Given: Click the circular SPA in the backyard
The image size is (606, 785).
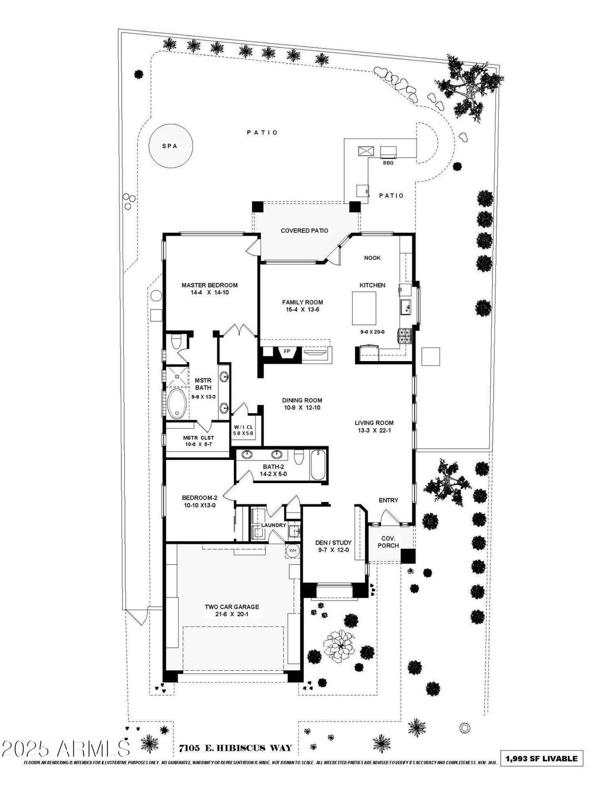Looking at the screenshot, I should (x=170, y=146).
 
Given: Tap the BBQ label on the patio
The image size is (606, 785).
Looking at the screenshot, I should (x=388, y=162).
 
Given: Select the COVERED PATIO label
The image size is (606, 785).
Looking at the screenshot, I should (x=304, y=230).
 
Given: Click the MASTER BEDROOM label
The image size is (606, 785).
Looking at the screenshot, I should (x=209, y=285).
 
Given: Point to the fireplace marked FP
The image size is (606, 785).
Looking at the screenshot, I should (x=288, y=351).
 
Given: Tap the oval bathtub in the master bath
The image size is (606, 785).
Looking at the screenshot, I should (x=176, y=403).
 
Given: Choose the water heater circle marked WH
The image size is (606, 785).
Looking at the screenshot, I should (x=293, y=551).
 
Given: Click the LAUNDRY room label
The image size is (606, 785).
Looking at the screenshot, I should (x=273, y=525).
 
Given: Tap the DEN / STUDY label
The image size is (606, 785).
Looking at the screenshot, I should (x=333, y=542).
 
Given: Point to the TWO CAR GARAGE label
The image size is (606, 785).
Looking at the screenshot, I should (x=232, y=607).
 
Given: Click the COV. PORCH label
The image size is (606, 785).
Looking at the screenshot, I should (x=389, y=542).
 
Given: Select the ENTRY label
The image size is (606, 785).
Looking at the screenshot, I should (x=388, y=500).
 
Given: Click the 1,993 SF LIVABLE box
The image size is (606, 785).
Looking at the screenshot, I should (x=541, y=758).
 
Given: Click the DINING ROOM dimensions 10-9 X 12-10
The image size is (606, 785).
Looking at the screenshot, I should (x=302, y=408).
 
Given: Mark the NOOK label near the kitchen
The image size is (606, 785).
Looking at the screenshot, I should (x=372, y=258).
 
